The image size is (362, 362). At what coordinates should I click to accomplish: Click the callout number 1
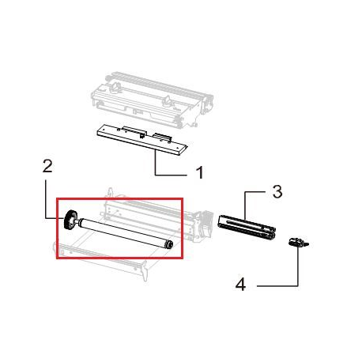(200, 172)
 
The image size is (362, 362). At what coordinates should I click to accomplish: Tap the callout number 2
(47, 167)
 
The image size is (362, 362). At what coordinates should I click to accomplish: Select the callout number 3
(277, 191)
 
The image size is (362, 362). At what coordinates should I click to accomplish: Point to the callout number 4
(240, 285)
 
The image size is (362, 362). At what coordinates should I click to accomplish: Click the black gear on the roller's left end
(70, 219)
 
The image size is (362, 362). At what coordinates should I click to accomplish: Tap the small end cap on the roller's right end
(168, 245)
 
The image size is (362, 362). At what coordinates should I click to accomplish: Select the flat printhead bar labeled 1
(142, 139)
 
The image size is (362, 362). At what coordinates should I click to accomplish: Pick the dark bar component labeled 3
(247, 228)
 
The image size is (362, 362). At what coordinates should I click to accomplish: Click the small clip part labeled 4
(298, 242)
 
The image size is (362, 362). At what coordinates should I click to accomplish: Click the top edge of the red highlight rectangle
(119, 199)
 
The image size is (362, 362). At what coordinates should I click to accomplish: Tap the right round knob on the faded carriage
(168, 101)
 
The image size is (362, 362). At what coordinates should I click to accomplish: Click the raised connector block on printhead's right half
(163, 137)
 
